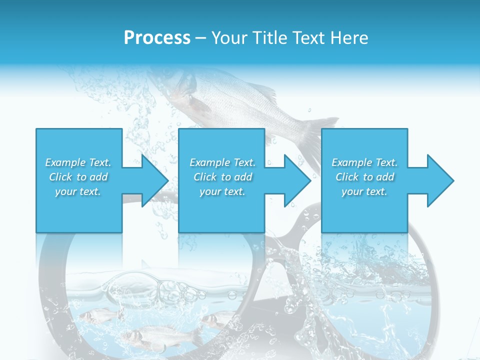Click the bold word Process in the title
(157, 38)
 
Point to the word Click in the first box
(60, 177)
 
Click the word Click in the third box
(346, 177)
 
